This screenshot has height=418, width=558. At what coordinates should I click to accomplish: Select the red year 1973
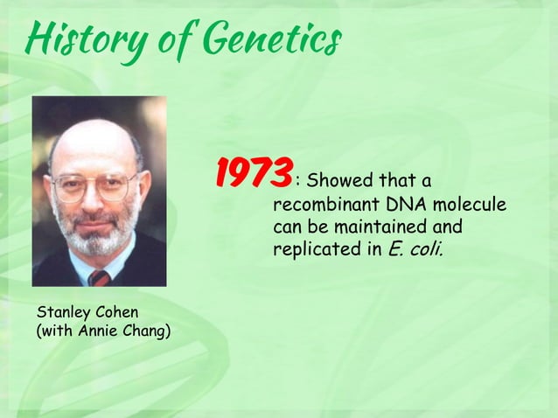click(255, 173)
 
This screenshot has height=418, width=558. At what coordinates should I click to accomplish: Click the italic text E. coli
click(415, 250)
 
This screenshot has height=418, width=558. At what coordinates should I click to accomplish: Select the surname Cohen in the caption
click(117, 312)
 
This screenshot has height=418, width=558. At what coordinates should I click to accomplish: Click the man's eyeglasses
click(94, 186)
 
